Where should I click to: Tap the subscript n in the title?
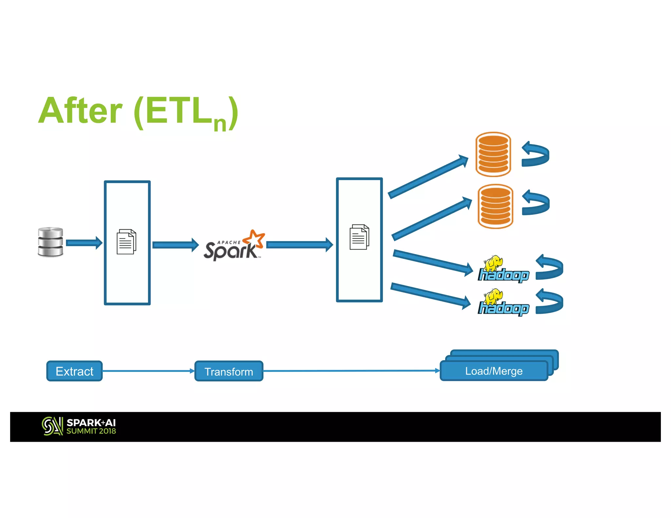pyautogui.click(x=220, y=123)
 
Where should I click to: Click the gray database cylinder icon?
pyautogui.click(x=50, y=242)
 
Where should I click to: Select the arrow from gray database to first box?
pyautogui.click(x=84, y=243)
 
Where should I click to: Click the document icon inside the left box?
pyautogui.click(x=126, y=242)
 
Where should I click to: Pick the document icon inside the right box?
pyautogui.click(x=359, y=237)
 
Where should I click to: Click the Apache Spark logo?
pyautogui.click(x=234, y=246)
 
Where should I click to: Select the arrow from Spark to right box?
pyautogui.click(x=299, y=245)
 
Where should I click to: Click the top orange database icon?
pyautogui.click(x=493, y=154)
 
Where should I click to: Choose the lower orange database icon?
pyautogui.click(x=495, y=206)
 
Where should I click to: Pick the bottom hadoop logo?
pyautogui.click(x=503, y=303)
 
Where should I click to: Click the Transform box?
pyautogui.click(x=229, y=371)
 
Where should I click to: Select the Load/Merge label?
pyautogui.click(x=494, y=371)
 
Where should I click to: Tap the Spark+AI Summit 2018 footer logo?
pyautogui.click(x=79, y=426)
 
